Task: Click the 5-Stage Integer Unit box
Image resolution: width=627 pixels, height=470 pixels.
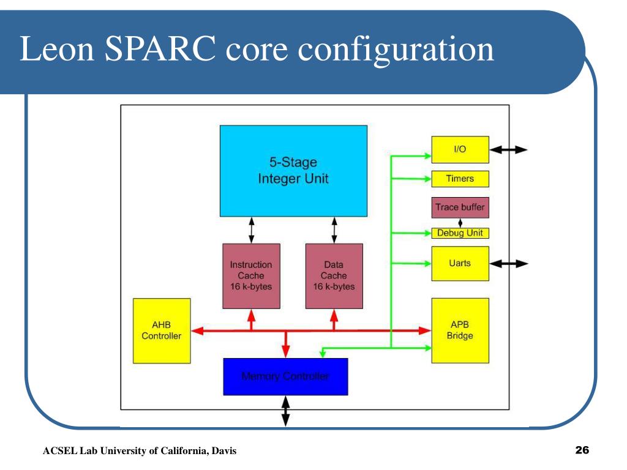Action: click(293, 171)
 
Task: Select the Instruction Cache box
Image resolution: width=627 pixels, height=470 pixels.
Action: click(250, 276)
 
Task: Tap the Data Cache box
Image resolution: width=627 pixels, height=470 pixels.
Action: click(334, 276)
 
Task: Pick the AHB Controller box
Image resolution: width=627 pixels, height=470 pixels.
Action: click(162, 330)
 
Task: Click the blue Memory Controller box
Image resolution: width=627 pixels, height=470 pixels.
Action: click(285, 376)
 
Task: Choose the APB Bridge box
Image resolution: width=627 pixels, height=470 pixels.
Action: click(460, 330)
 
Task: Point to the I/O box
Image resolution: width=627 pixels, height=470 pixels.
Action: click(460, 150)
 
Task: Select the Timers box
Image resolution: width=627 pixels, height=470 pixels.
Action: click(460, 179)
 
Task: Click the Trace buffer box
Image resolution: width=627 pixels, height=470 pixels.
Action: click(460, 207)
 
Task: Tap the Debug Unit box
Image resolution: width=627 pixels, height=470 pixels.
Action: click(460, 233)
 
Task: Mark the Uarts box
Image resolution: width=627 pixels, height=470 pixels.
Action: click(460, 263)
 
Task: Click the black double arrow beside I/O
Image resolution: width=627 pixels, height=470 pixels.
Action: click(508, 150)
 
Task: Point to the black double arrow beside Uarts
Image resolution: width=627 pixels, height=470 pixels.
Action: click(508, 264)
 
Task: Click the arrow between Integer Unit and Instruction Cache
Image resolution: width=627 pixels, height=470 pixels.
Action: click(251, 230)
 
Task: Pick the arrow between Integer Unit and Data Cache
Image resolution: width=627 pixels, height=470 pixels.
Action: click(334, 230)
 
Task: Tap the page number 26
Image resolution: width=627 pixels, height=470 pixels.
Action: click(582, 451)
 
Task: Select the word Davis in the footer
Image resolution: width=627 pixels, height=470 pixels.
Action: click(223, 452)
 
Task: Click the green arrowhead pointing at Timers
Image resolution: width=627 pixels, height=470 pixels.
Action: click(427, 179)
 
